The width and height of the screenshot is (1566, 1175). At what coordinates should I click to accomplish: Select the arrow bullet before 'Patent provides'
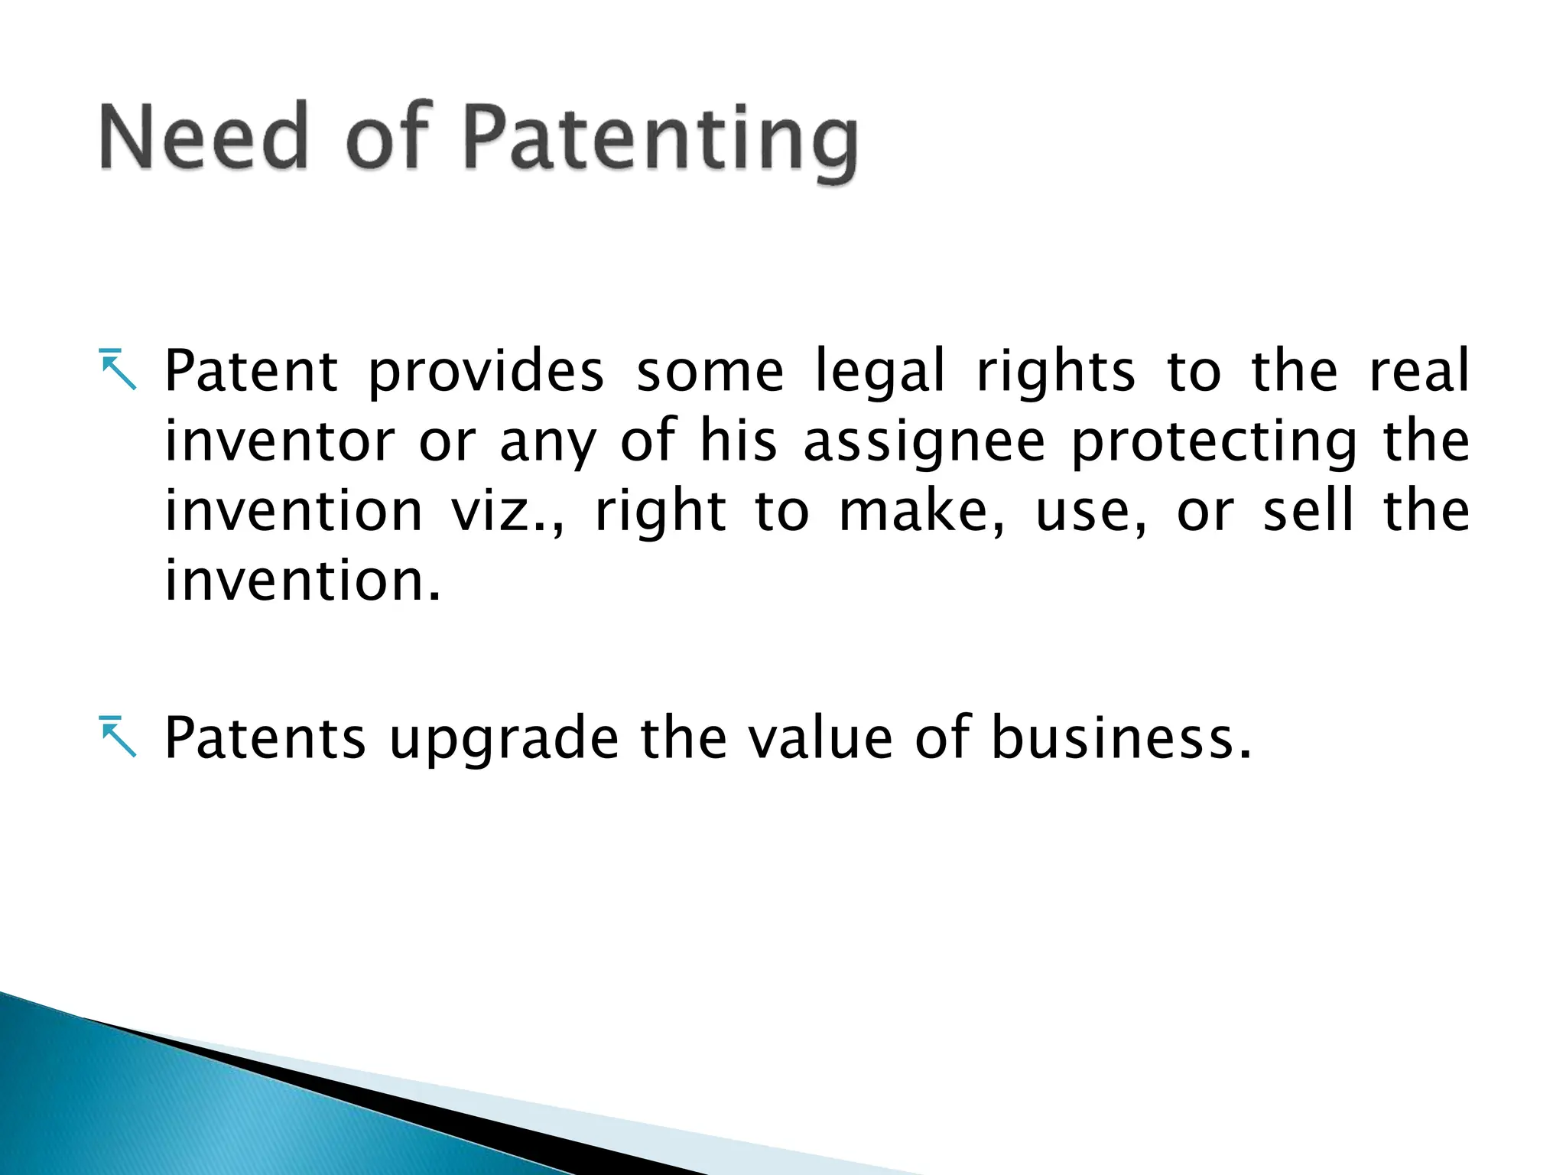[x=118, y=369]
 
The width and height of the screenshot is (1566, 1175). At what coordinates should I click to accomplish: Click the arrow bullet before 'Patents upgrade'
[x=118, y=737]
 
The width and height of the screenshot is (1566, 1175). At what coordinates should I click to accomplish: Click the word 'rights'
[x=1056, y=373]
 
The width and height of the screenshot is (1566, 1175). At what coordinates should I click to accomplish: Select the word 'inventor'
[x=280, y=441]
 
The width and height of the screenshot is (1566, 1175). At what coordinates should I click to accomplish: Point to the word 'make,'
[x=922, y=512]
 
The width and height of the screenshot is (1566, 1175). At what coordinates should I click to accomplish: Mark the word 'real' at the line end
[x=1419, y=371]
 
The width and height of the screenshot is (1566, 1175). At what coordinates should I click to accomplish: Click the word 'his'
[x=739, y=441]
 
